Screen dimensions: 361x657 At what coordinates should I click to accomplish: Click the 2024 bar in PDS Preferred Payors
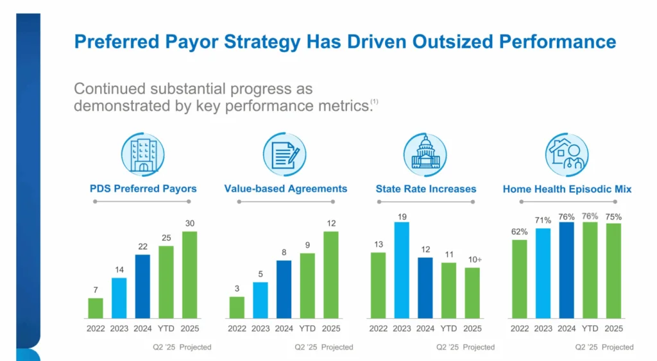point(142,287)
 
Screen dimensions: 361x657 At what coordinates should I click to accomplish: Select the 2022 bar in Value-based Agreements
point(237,307)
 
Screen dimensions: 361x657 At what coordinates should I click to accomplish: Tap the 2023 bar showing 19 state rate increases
point(402,270)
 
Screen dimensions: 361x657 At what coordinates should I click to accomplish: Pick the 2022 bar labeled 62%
point(520,279)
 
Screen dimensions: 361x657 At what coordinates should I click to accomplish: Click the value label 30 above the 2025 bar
point(190,223)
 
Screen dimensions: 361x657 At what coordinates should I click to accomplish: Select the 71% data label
point(543,220)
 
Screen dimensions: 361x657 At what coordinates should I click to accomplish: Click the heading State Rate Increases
point(426,189)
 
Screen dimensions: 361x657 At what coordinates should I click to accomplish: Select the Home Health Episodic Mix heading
point(567,189)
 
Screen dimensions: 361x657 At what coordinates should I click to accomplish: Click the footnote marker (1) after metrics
point(374,102)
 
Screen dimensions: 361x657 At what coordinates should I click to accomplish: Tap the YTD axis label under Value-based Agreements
point(307,328)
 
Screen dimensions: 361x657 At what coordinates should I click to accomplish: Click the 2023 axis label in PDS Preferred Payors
point(119,328)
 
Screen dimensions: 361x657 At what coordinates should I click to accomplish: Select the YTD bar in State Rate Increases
point(449,290)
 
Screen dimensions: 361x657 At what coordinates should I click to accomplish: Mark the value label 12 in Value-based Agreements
point(331,223)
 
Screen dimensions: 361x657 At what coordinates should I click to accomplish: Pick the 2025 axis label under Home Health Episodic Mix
point(614,328)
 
